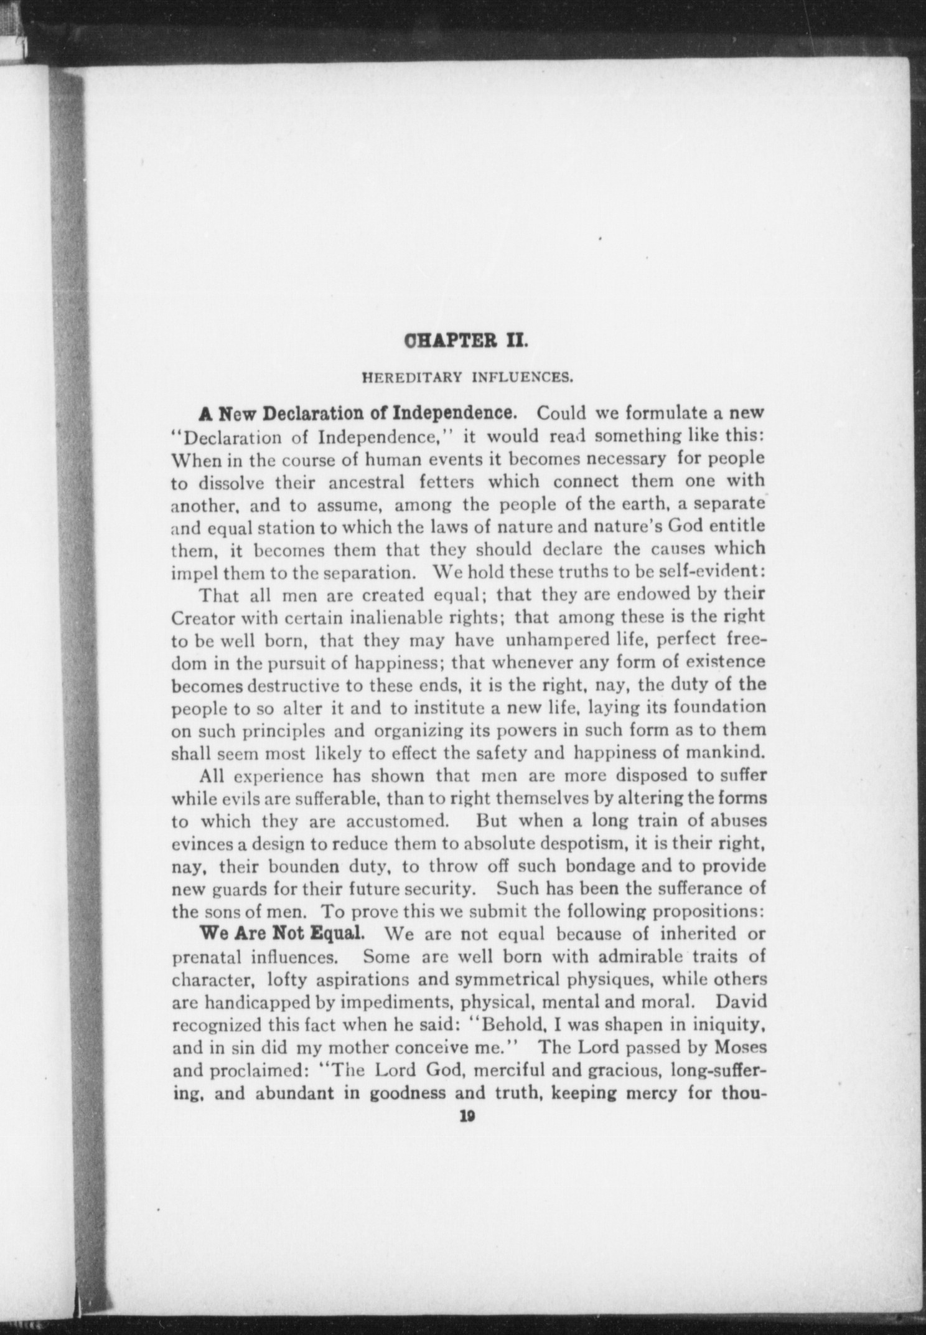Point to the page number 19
click(467, 1117)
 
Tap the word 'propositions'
click(708, 912)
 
